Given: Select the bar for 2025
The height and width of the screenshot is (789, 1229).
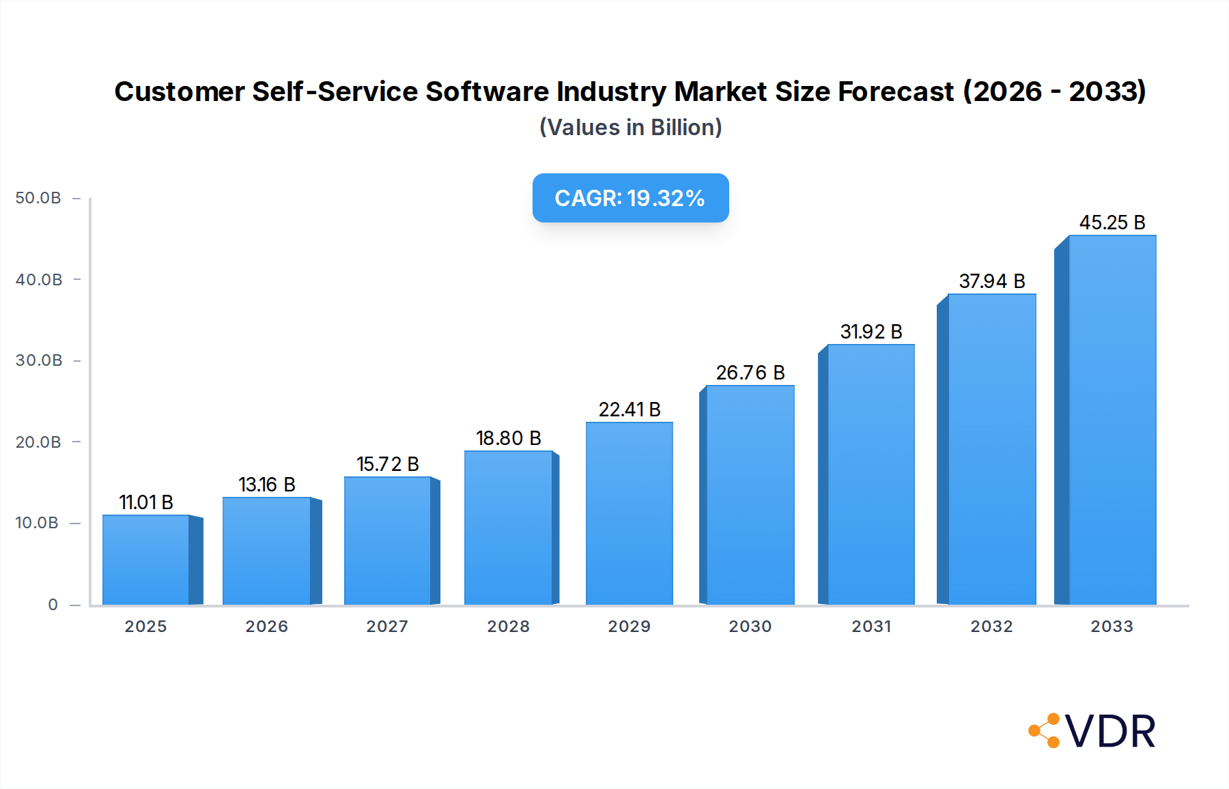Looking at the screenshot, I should (146, 560).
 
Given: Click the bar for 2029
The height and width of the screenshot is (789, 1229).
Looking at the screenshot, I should (629, 513).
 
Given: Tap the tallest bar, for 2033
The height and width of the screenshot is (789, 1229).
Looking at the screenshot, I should (1112, 420).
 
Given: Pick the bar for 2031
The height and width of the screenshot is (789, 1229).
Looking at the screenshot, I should (871, 474).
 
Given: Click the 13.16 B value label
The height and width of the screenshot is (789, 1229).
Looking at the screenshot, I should (267, 485).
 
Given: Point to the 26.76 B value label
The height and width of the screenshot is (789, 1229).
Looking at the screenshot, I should (750, 373).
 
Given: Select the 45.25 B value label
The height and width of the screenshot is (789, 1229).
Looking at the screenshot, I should (1112, 223).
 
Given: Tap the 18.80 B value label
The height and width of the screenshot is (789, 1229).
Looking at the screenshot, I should (509, 438).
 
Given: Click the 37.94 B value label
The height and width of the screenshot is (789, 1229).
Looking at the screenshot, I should (992, 281).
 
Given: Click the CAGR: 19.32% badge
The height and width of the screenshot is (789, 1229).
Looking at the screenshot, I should (630, 198).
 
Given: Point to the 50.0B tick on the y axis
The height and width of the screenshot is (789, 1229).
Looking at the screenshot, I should (38, 198).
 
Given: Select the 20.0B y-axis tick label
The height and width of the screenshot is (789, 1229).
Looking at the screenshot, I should (38, 442).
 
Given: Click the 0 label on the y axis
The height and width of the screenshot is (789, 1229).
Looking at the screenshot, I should (53, 605).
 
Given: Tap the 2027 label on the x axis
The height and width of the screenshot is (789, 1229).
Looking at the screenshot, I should (387, 627).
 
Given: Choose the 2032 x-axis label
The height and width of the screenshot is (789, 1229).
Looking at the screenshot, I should (991, 627).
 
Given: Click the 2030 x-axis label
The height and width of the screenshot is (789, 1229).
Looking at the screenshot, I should (750, 627).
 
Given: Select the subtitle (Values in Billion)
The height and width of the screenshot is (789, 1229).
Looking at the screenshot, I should (630, 128).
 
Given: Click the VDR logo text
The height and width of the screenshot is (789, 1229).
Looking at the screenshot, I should (1110, 732).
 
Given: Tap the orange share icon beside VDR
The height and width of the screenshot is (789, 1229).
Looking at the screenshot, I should (1045, 731).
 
